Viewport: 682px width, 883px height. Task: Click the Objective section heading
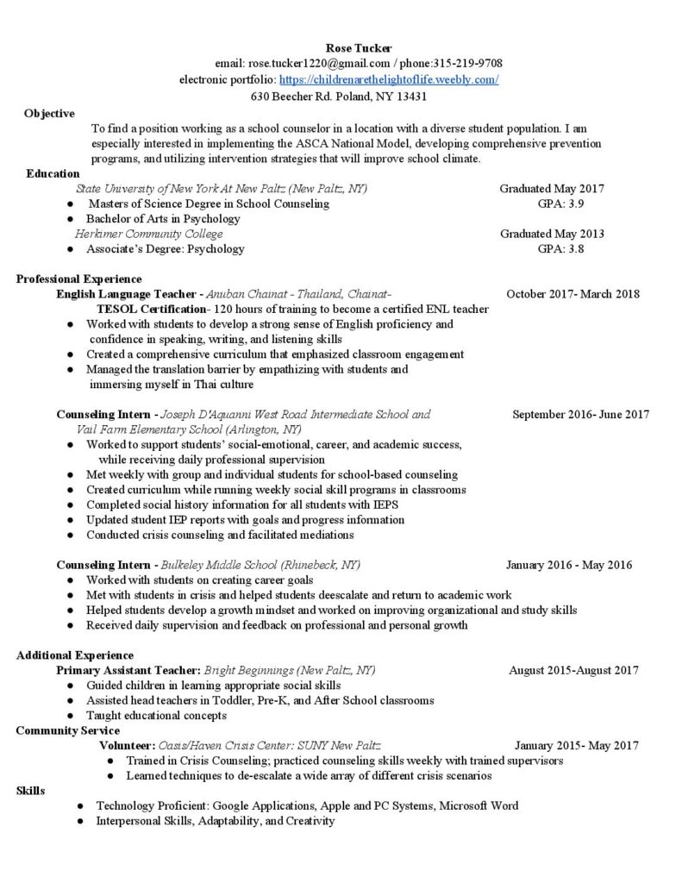(49, 113)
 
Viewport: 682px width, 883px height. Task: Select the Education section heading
(53, 173)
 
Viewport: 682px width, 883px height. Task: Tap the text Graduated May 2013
(552, 234)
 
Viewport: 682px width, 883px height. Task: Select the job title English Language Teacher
(127, 294)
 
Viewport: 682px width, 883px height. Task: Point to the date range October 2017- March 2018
(573, 294)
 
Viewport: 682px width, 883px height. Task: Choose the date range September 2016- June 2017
(580, 415)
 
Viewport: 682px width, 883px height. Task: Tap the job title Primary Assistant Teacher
(128, 670)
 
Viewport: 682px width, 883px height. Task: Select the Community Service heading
(64, 730)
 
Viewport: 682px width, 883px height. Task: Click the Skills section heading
(31, 791)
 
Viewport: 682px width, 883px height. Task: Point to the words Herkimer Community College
(148, 234)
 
